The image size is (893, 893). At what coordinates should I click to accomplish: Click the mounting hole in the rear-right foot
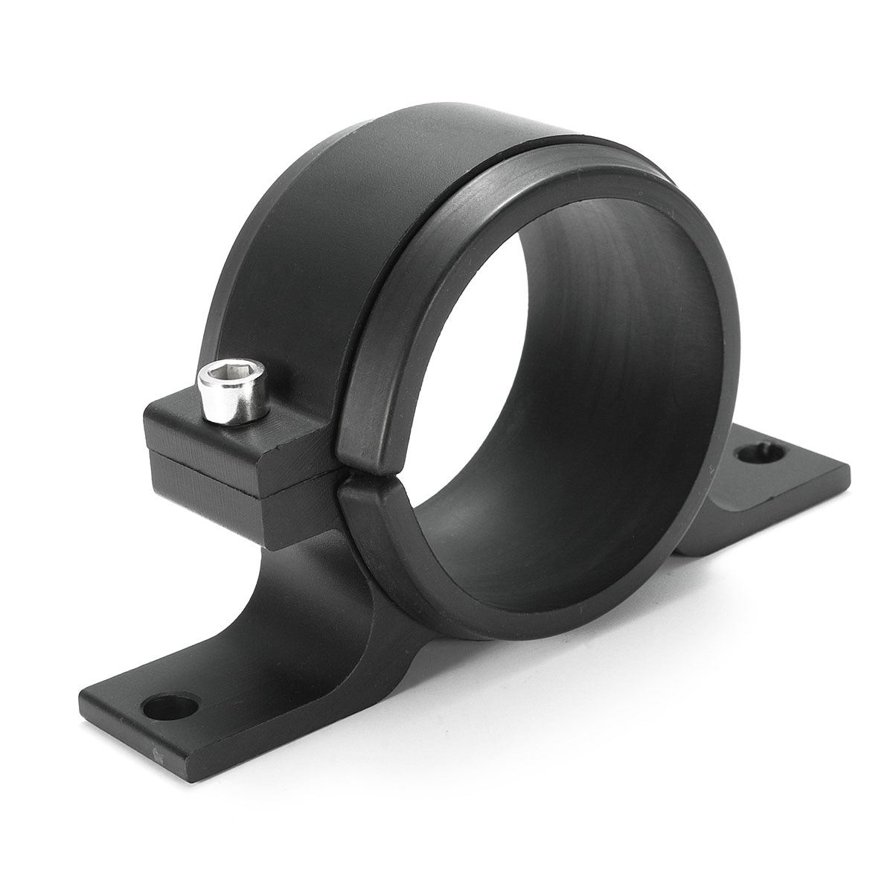(761, 454)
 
